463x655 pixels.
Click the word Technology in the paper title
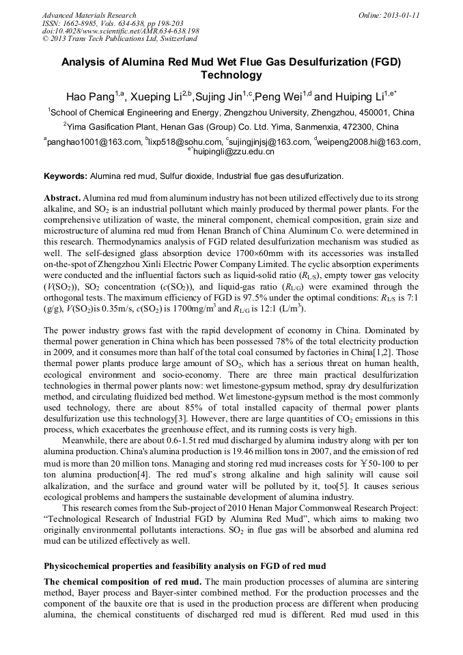(231, 74)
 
